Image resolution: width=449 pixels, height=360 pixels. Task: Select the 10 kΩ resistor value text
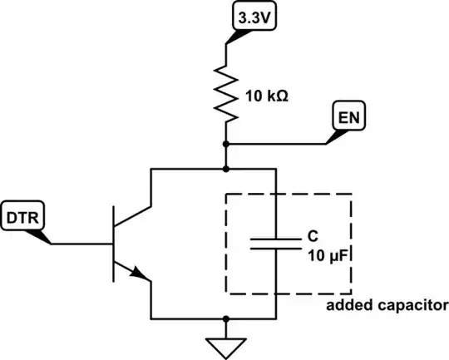[268, 96]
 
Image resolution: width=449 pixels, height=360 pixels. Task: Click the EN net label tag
[348, 118]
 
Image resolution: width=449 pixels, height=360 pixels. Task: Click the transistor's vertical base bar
[114, 244]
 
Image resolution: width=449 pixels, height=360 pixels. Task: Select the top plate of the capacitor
[275, 237]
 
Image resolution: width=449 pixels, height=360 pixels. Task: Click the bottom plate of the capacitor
[275, 248]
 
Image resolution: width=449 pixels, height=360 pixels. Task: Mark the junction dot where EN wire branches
[226, 144]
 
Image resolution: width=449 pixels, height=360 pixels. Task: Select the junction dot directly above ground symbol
[226, 318]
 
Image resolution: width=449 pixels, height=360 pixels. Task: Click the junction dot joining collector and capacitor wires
[226, 169]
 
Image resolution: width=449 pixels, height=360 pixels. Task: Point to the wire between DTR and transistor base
[81, 244]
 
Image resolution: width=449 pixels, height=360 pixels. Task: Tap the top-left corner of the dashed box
[227, 196]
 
